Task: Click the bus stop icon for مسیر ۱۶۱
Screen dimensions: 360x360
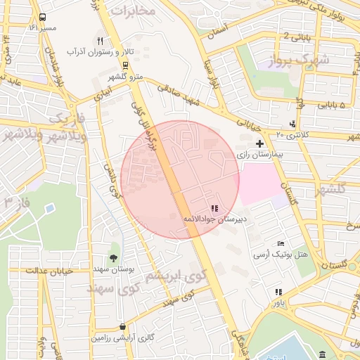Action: [44, 17]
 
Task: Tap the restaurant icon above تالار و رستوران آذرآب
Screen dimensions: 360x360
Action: [100, 41]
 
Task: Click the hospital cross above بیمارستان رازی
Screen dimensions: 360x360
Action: [259, 143]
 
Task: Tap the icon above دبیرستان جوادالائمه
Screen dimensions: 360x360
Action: [214, 208]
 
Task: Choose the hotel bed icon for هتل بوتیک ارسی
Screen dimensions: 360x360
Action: [281, 243]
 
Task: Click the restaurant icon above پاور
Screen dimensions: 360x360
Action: [279, 292]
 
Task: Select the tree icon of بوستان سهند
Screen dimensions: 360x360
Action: [114, 258]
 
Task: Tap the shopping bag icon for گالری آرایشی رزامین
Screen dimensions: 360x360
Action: [124, 326]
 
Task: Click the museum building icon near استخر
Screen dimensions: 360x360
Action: [323, 354]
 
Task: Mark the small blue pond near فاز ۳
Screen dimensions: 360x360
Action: [49, 208]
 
